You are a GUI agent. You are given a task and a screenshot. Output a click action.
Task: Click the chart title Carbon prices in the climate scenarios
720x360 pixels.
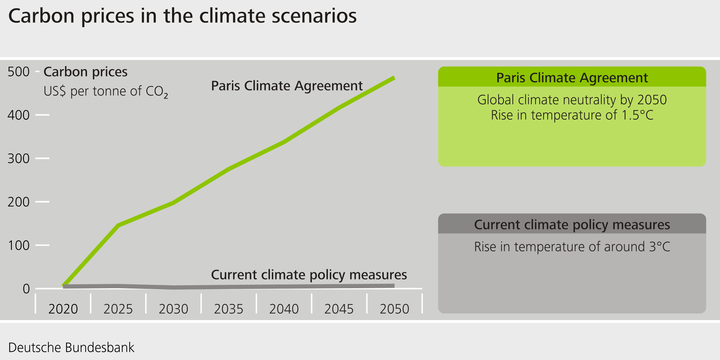pyautogui.click(x=182, y=16)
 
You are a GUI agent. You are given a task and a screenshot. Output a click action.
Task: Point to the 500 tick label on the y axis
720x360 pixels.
pyautogui.click(x=19, y=72)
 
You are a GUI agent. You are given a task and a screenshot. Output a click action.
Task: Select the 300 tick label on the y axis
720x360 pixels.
pyautogui.click(x=19, y=158)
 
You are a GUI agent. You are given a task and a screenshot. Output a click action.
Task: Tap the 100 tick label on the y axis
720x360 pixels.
pyautogui.click(x=19, y=245)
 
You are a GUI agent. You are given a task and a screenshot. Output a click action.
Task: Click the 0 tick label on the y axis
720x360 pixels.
pyautogui.click(x=26, y=289)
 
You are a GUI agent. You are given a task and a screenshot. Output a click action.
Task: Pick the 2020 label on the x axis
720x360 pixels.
pyautogui.click(x=63, y=309)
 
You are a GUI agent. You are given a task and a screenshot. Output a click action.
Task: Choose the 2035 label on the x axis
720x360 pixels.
pyautogui.click(x=229, y=309)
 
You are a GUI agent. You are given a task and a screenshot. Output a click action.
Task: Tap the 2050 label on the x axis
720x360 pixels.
pyautogui.click(x=394, y=309)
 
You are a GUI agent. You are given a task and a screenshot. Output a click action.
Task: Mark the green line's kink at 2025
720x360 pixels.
pyautogui.click(x=118, y=225)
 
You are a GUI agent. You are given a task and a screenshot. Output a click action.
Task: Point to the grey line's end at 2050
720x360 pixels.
pyautogui.click(x=394, y=286)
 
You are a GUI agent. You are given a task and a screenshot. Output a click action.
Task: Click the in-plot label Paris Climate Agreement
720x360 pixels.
pyautogui.click(x=287, y=86)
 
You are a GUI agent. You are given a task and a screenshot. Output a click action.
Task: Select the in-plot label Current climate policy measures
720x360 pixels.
pyautogui.click(x=309, y=275)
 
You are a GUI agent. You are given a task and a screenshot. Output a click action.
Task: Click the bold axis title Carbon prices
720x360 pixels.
pyautogui.click(x=85, y=72)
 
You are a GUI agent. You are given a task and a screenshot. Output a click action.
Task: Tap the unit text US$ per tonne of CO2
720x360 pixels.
pyautogui.click(x=106, y=91)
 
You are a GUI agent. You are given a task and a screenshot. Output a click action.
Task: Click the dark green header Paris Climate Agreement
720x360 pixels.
pyautogui.click(x=572, y=78)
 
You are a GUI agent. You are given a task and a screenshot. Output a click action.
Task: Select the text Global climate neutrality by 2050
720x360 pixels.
pyautogui.click(x=572, y=100)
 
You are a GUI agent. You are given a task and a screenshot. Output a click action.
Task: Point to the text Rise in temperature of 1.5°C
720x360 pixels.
pyautogui.click(x=572, y=115)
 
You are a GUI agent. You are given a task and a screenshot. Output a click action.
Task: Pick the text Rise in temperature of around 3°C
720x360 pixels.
pyautogui.click(x=572, y=247)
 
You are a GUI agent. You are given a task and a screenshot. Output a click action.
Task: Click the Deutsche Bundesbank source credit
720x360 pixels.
pyautogui.click(x=71, y=347)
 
